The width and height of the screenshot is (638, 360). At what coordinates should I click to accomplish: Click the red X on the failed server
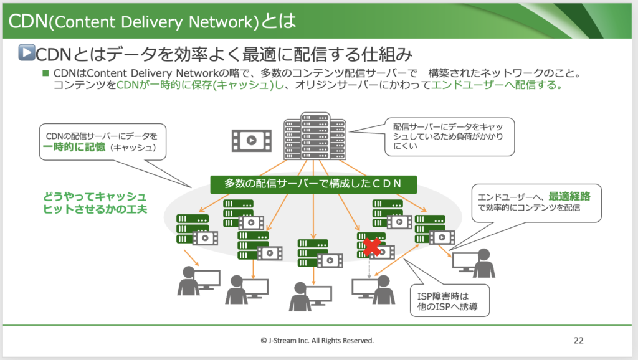pyautogui.click(x=373, y=247)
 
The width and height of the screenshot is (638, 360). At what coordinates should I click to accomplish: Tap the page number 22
pyautogui.click(x=578, y=341)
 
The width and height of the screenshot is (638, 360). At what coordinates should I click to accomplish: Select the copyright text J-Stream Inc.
pyautogui.click(x=318, y=341)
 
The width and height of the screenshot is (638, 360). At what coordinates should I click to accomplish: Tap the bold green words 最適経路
pyautogui.click(x=569, y=195)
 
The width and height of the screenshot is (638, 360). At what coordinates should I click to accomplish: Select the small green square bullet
pyautogui.click(x=45, y=73)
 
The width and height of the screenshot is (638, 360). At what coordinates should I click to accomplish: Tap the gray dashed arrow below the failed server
pyautogui.click(x=369, y=268)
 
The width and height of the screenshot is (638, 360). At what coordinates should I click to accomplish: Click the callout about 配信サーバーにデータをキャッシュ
pyautogui.click(x=449, y=136)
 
